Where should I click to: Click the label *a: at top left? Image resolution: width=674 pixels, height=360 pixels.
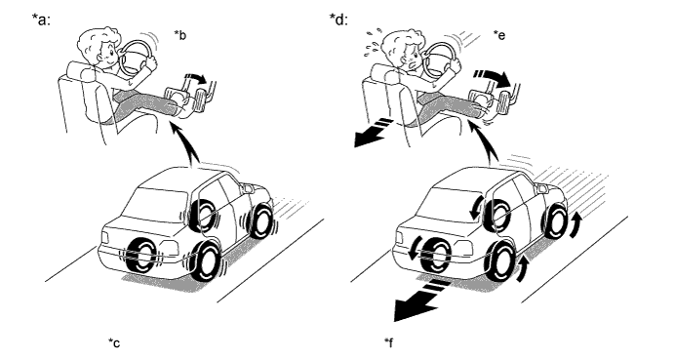click(x=41, y=20)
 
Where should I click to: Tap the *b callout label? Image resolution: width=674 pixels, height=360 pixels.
click(x=180, y=35)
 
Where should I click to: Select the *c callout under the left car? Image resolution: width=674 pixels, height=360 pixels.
click(x=114, y=342)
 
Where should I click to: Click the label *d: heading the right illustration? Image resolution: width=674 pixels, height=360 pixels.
click(x=338, y=20)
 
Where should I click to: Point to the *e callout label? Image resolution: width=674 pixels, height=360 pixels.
click(x=499, y=35)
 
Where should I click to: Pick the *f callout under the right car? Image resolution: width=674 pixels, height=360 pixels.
click(x=388, y=342)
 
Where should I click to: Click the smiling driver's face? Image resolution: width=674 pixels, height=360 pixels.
click(x=108, y=56)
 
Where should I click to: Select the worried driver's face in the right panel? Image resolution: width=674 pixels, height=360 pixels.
click(x=412, y=59)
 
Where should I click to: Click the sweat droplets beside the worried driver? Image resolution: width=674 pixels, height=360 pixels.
click(x=373, y=42)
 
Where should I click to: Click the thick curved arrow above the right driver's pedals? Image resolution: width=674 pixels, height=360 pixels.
click(x=492, y=78)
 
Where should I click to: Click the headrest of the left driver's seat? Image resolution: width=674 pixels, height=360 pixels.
click(x=80, y=70)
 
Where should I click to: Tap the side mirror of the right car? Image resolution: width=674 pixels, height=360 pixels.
click(x=541, y=187)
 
